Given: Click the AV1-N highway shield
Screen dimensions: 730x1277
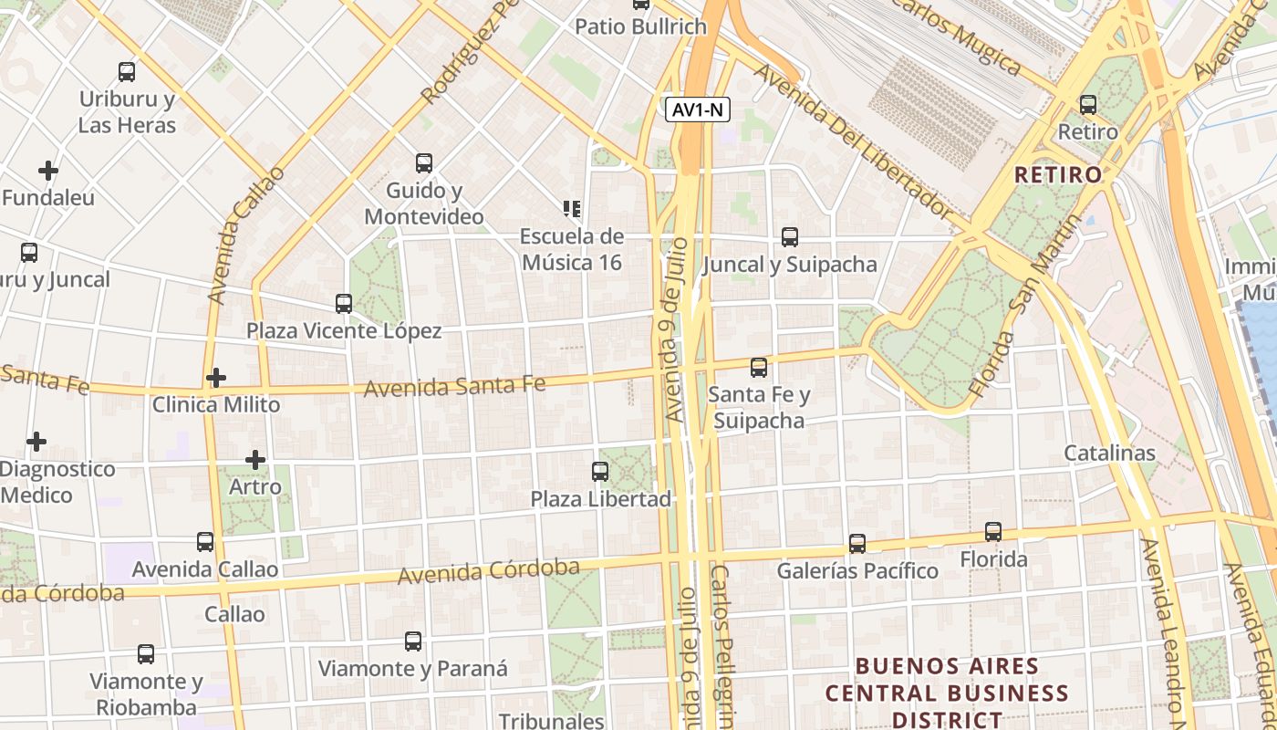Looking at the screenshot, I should [x=699, y=110].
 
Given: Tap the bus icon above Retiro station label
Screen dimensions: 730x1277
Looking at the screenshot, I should [x=1087, y=105].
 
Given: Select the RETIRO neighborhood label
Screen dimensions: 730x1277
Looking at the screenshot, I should [x=1058, y=174].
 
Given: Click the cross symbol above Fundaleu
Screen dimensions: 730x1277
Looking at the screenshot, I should [x=48, y=171].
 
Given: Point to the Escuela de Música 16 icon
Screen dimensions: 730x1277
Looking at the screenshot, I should [x=572, y=210].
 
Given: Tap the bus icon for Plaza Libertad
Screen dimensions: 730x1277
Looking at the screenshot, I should [x=600, y=472].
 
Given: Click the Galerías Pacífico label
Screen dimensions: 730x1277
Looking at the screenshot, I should [x=857, y=571].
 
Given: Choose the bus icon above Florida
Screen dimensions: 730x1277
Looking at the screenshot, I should [x=993, y=532].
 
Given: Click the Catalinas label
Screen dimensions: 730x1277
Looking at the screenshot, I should [x=1109, y=454].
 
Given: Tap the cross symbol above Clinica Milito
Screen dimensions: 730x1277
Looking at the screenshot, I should [x=216, y=378].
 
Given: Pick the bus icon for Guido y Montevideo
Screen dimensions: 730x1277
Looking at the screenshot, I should [x=424, y=163].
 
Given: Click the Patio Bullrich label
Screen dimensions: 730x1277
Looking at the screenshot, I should [x=640, y=26].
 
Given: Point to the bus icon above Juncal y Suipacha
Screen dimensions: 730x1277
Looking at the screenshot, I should [x=790, y=237].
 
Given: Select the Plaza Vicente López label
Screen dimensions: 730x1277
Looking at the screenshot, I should [x=344, y=331].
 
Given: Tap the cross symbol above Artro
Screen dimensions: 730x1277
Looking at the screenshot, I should [x=255, y=460].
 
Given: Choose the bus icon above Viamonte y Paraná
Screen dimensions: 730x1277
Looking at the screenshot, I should [x=413, y=641].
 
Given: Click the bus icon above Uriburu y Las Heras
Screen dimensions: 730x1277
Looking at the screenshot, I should [x=127, y=72].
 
